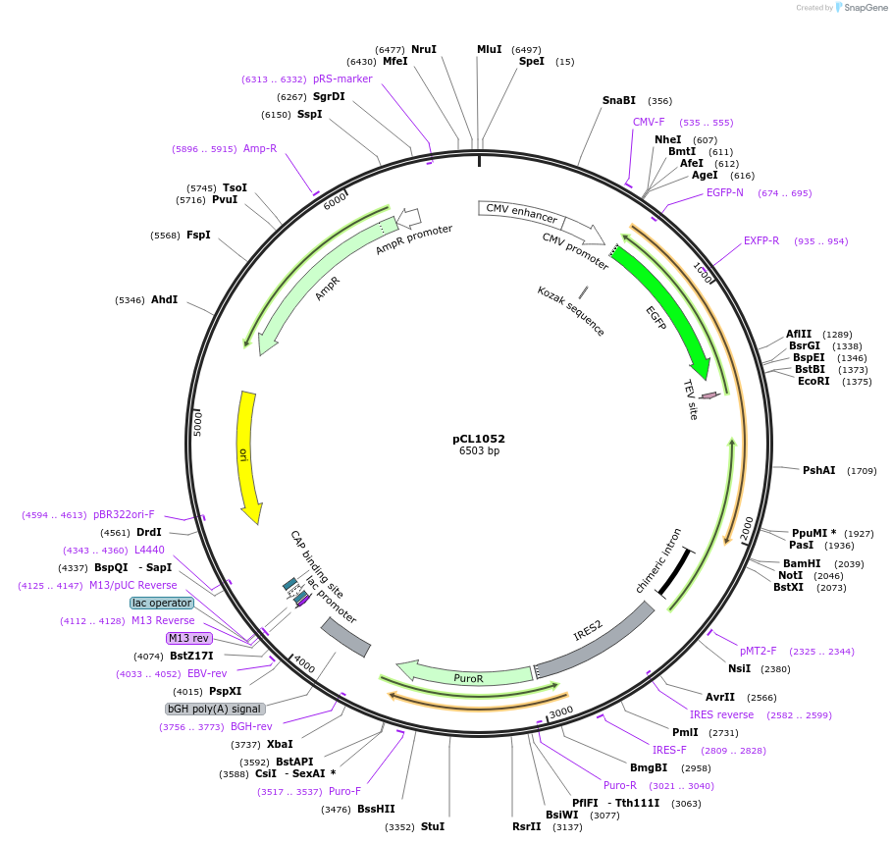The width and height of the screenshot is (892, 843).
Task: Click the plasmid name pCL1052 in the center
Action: tap(479, 439)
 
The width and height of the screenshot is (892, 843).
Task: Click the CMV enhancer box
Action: tap(521, 213)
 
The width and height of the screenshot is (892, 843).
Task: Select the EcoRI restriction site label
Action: tap(813, 382)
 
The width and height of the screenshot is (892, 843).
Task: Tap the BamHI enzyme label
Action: tap(802, 563)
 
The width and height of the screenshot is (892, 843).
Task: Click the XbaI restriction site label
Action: tap(280, 744)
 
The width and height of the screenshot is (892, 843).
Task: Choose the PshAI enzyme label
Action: tap(819, 471)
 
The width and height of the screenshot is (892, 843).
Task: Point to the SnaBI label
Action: tap(619, 100)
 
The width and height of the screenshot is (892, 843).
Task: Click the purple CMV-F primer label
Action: tap(649, 122)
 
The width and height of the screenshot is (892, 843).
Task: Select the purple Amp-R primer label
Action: tap(260, 149)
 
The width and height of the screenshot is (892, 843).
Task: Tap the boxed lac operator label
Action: tap(162, 603)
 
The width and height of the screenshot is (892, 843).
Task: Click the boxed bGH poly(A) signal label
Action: tap(214, 709)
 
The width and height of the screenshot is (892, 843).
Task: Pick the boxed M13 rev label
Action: tap(189, 638)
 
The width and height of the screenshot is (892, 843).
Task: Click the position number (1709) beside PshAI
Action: tap(862, 471)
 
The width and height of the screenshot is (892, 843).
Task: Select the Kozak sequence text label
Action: tap(571, 310)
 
